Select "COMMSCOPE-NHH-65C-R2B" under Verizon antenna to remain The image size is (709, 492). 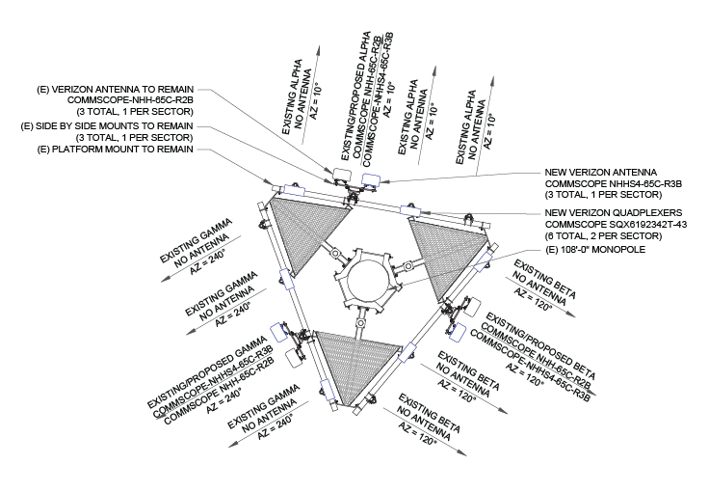[x=130, y=99]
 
